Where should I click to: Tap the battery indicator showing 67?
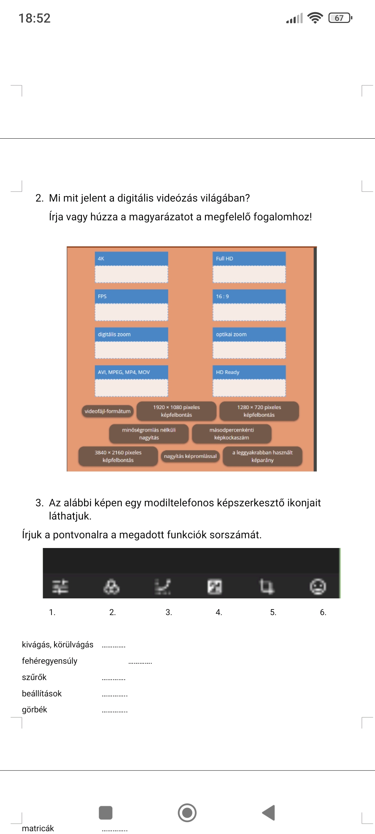340,18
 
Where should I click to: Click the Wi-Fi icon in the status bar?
315,18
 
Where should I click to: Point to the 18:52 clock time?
34,18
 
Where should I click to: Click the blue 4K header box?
131,259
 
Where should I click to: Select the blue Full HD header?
249,259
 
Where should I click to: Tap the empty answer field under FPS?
131,312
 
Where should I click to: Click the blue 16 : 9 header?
249,296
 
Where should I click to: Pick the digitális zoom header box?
131,334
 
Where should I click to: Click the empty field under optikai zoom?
249,350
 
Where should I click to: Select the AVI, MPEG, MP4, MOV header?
131,372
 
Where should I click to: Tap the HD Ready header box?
249,372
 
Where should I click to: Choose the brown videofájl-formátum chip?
108,411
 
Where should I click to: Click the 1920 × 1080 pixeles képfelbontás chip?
176,411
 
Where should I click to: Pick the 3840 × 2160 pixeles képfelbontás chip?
118,456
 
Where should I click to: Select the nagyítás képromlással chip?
190,456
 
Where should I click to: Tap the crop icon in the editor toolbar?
267,586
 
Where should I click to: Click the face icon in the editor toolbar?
318,587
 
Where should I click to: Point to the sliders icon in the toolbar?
60,587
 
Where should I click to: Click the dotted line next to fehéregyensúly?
140,663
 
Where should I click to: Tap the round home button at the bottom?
187,813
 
